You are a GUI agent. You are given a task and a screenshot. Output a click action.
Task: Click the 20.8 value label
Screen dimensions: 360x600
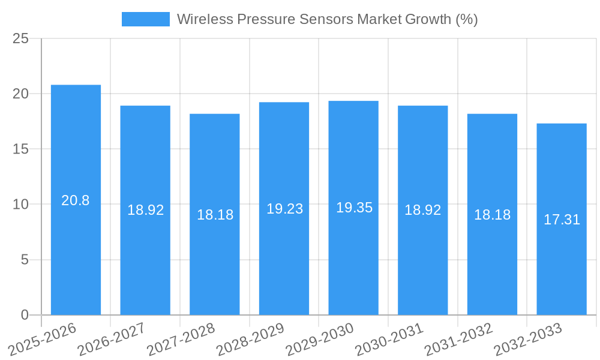(76, 200)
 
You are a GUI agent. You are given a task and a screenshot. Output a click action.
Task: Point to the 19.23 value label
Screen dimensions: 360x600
(284, 209)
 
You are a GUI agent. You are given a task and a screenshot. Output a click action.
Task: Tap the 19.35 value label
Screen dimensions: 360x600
(354, 208)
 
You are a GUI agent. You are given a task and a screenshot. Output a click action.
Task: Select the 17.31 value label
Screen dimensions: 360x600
(562, 220)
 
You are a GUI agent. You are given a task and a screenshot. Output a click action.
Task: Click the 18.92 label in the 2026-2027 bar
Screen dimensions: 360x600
(145, 210)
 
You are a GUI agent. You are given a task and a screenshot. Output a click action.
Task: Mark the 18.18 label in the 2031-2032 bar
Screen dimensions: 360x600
(492, 215)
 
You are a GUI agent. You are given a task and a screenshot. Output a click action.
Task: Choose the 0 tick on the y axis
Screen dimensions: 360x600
(25, 315)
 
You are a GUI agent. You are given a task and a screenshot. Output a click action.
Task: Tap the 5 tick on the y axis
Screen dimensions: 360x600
(25, 260)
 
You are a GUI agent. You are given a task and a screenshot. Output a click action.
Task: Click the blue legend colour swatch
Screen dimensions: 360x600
(145, 19)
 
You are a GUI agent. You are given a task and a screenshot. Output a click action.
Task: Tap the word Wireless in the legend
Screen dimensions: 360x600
(205, 19)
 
